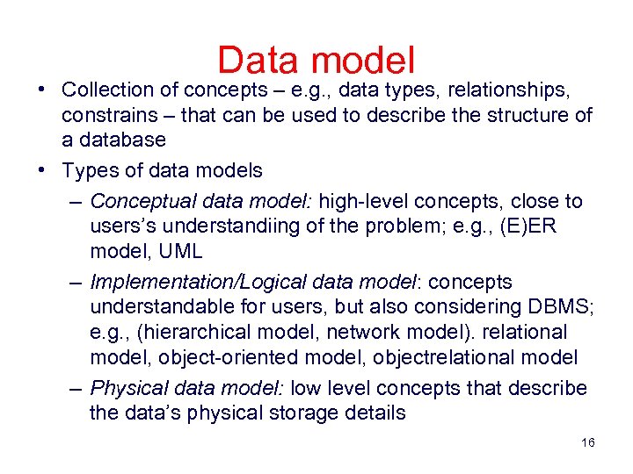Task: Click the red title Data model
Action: [316, 61]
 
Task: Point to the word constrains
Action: [106, 116]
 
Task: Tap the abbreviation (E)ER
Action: [553, 226]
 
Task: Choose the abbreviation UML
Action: [182, 251]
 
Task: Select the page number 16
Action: [588, 443]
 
